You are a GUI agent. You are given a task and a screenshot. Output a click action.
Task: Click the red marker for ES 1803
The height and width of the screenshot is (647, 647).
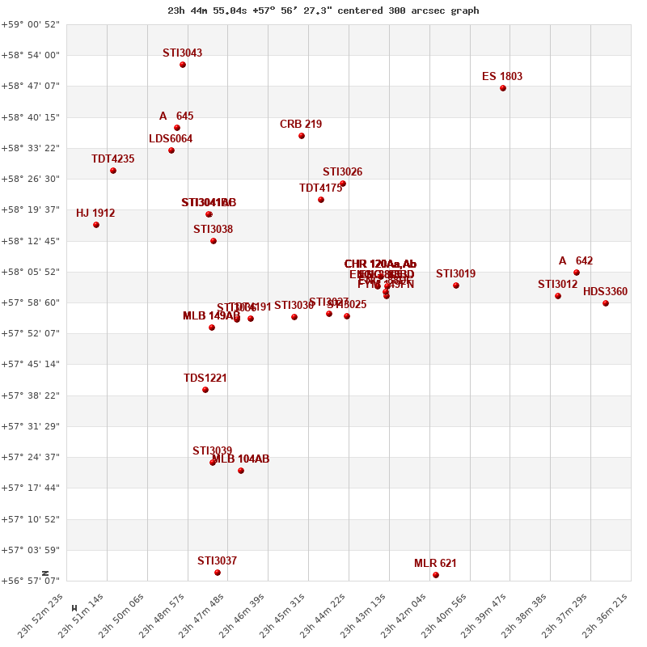click(503, 88)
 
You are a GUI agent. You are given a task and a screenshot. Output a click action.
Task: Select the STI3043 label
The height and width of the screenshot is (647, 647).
click(182, 53)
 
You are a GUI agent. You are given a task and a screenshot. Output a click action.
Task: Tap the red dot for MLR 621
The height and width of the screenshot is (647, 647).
click(436, 575)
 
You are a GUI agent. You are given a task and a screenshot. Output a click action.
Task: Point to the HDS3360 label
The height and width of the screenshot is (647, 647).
click(605, 292)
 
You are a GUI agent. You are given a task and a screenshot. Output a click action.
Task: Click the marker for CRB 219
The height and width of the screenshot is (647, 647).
click(302, 136)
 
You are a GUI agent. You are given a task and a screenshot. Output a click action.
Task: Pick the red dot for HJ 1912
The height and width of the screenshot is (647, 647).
click(96, 225)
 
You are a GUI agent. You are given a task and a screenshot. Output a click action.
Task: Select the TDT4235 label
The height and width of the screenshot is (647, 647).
click(112, 159)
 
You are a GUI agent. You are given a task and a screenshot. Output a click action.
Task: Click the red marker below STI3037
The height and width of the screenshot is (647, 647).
click(218, 573)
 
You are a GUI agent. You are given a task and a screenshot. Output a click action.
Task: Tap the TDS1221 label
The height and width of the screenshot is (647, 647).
click(205, 378)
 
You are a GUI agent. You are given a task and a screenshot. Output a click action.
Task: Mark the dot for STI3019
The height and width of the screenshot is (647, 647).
click(456, 285)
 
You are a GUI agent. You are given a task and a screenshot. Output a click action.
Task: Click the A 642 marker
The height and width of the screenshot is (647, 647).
click(577, 273)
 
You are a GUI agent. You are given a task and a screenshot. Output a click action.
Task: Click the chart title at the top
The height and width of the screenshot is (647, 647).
click(323, 11)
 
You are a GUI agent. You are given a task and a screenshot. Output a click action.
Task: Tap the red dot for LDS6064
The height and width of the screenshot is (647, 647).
click(171, 150)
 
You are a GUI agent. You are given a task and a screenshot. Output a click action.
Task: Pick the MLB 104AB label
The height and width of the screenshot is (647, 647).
click(240, 459)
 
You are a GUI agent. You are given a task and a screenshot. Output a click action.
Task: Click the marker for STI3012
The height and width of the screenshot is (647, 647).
click(558, 296)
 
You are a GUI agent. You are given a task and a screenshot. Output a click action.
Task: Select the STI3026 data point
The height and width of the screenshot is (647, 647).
click(343, 184)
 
